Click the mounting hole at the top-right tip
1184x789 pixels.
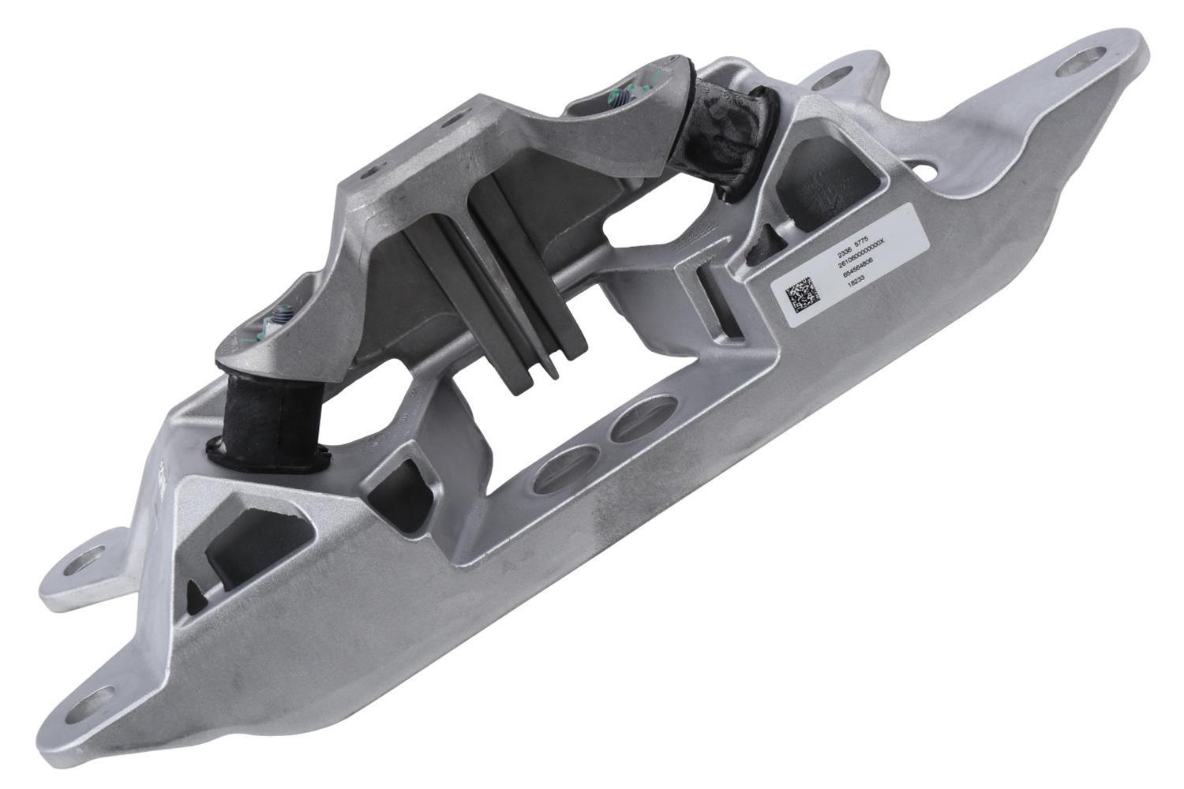tap(1091, 60)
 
